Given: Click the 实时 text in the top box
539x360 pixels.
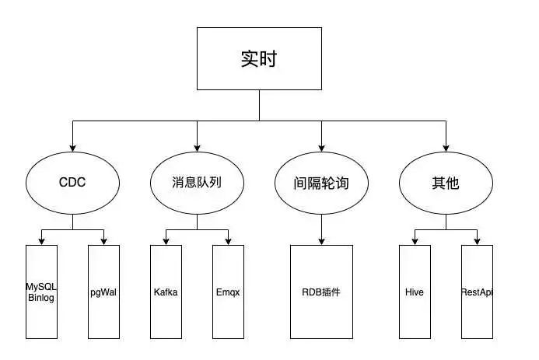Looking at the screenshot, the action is point(259,59).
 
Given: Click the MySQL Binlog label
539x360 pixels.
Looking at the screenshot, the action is point(41,292).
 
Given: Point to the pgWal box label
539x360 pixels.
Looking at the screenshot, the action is point(103,292).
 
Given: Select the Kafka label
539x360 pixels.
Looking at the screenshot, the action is point(166,292).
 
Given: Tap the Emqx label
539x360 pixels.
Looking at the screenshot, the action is point(228,292).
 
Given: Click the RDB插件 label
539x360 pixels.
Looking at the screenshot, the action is point(321,292).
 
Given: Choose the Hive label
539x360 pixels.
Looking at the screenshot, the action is point(415,292).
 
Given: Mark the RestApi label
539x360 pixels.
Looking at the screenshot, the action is point(477,292).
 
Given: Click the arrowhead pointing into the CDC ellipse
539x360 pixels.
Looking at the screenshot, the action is point(72,148).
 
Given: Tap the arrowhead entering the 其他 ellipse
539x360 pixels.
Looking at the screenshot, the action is point(446,148).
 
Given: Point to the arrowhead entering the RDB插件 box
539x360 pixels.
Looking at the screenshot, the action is point(321,241).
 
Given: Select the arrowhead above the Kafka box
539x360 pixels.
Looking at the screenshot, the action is point(166,241).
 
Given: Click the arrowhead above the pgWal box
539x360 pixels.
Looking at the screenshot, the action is point(103,241).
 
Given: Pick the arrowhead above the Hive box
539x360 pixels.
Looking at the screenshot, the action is point(415,241).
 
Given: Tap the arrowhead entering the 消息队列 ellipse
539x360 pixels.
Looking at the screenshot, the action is point(197,148).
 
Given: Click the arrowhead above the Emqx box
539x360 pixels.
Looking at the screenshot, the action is point(228,241).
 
